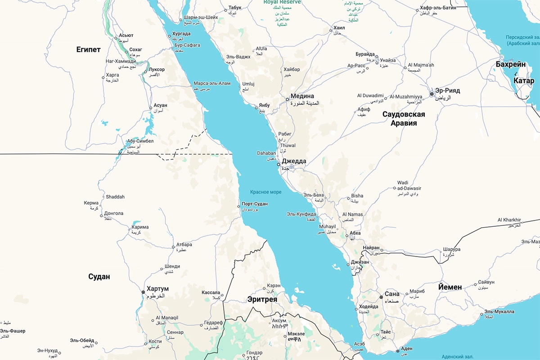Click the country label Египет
(x=88, y=49)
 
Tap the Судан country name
(x=99, y=276)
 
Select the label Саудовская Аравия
(x=404, y=118)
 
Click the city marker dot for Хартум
(x=143, y=292)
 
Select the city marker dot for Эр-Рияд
(x=431, y=94)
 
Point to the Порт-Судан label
(x=255, y=204)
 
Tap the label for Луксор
(x=157, y=69)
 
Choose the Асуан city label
(x=160, y=105)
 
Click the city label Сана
(x=392, y=294)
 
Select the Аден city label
(x=406, y=349)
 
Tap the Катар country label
(x=524, y=81)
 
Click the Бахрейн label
(x=511, y=64)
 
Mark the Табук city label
(x=235, y=8)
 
